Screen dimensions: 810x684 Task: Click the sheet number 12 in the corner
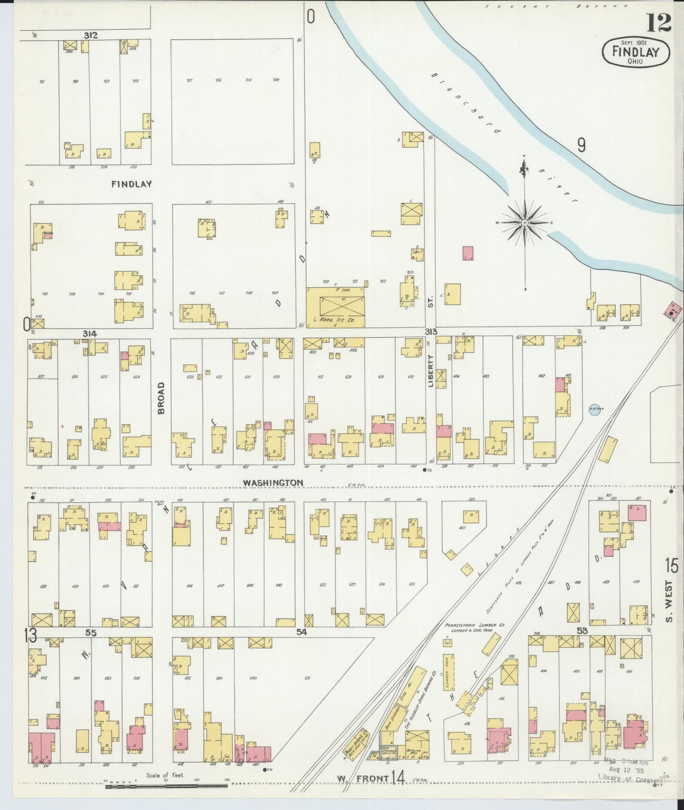658,23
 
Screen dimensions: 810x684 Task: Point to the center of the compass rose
525,222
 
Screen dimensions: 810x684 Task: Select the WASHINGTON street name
273,482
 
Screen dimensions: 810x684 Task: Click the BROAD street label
161,398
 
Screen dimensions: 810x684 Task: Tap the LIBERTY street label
431,371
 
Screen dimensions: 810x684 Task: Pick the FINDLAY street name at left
132,184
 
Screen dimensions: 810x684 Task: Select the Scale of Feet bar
166,786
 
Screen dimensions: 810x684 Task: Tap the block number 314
89,334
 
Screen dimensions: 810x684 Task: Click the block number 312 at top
91,35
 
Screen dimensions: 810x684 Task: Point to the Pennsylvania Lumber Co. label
474,625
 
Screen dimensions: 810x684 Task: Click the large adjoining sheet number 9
581,145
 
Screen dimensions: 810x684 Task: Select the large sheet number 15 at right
671,566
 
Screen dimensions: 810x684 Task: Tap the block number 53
582,630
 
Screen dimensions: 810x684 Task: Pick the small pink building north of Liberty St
468,252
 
